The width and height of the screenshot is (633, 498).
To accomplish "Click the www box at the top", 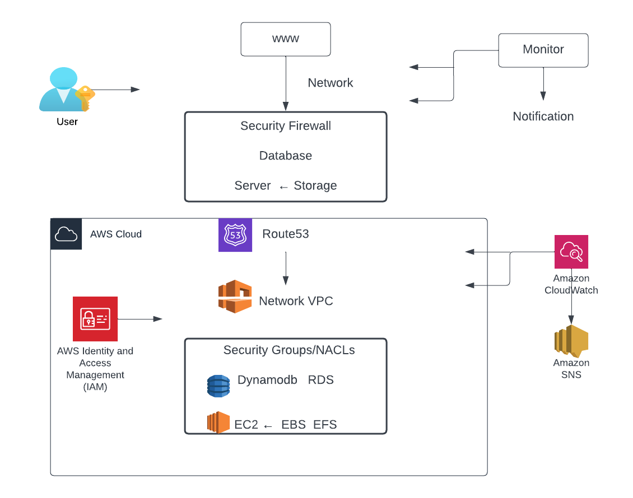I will (x=286, y=39).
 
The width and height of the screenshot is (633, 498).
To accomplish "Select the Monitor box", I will (x=543, y=50).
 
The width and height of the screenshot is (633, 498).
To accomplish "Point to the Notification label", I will (x=543, y=116).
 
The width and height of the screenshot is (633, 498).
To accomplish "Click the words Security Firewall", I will (x=286, y=126).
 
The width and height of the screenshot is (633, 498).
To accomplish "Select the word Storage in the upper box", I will (x=315, y=186).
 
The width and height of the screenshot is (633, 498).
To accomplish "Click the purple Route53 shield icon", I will (x=235, y=235).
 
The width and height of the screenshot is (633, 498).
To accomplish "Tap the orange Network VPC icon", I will (x=235, y=296).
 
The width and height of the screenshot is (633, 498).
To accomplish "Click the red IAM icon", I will (x=95, y=319).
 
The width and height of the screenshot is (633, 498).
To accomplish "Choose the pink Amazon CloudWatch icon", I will (x=571, y=252).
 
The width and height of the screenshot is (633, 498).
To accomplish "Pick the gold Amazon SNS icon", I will (x=571, y=341).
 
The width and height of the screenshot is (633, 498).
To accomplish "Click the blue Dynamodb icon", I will (x=218, y=386).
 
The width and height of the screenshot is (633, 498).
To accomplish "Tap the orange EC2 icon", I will (x=218, y=422).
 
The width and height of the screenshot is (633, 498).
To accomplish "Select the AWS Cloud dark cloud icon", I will (x=66, y=234).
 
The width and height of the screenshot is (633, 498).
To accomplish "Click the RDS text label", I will (x=321, y=380).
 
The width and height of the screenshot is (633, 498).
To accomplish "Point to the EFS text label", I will (x=325, y=425).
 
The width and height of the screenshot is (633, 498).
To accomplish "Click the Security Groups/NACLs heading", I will (x=289, y=350).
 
